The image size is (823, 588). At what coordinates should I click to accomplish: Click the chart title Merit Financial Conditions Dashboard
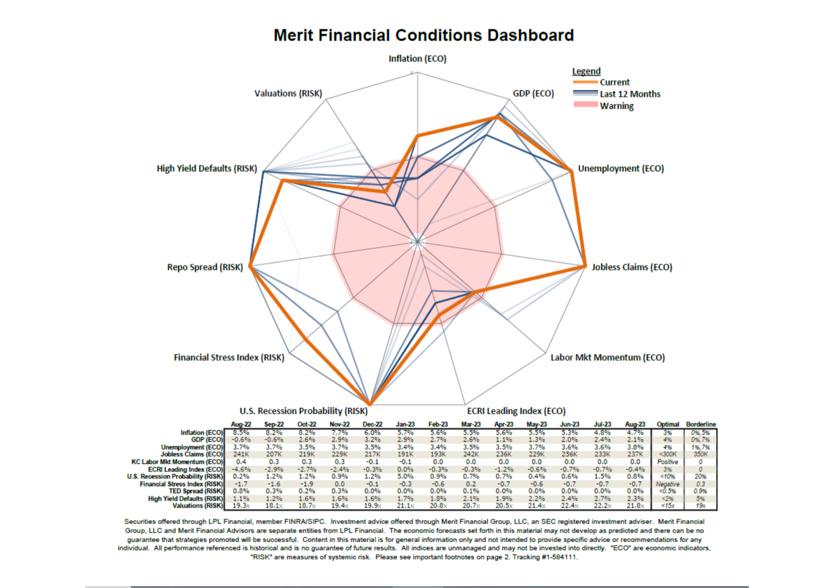[x=423, y=35]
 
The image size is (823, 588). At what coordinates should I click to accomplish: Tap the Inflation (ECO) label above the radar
[x=417, y=59]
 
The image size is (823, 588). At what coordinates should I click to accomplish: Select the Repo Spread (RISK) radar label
[x=205, y=267]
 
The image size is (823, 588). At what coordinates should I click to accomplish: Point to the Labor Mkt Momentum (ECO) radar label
[x=607, y=357]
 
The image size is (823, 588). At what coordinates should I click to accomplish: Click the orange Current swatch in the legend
[x=585, y=82]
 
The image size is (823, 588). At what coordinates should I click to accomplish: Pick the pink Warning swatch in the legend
[x=585, y=105]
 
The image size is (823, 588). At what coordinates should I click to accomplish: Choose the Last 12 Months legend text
[x=630, y=94]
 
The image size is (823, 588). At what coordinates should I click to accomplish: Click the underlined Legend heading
[x=586, y=71]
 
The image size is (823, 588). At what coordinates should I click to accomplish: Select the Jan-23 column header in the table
[x=405, y=424]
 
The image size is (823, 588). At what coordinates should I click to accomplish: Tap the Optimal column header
[x=667, y=424]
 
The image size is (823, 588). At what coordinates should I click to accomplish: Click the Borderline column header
[x=701, y=424]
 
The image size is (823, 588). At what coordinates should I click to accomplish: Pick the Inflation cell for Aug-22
[x=241, y=432]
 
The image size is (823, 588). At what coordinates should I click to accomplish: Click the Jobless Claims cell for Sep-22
[x=274, y=454]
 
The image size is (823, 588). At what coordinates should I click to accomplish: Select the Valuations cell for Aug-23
[x=635, y=506]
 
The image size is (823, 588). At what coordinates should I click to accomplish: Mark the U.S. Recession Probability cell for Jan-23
[x=405, y=476]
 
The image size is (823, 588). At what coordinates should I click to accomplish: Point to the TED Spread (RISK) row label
[x=195, y=491]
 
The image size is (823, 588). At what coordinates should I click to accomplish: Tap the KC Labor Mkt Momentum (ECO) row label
[x=177, y=462]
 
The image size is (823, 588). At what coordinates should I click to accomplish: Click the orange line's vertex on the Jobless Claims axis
[x=585, y=266]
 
